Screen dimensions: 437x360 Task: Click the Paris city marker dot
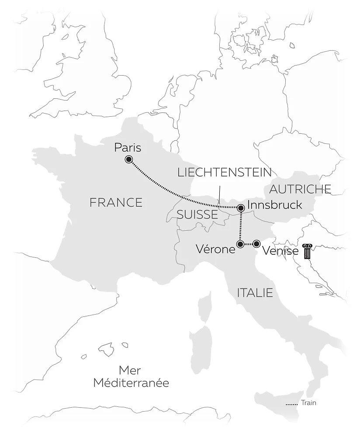pyautogui.click(x=129, y=160)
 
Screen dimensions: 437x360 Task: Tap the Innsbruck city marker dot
pyautogui.click(x=240, y=208)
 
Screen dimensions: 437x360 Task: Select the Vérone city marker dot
pyautogui.click(x=239, y=244)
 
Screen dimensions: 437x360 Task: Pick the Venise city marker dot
pyautogui.click(x=256, y=244)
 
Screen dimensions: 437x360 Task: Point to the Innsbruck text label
pyautogui.click(x=274, y=205)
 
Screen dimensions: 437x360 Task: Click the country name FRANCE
pyautogui.click(x=116, y=202)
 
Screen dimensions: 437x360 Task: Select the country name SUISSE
pyautogui.click(x=197, y=214)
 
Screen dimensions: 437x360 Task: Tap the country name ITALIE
pyautogui.click(x=255, y=292)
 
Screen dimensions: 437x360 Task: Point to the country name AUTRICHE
pyautogui.click(x=300, y=189)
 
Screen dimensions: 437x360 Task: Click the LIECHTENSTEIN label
pyautogui.click(x=225, y=172)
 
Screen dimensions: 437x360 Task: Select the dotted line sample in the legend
pyautogui.click(x=291, y=404)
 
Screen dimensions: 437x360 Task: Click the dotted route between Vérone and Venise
pyautogui.click(x=248, y=244)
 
